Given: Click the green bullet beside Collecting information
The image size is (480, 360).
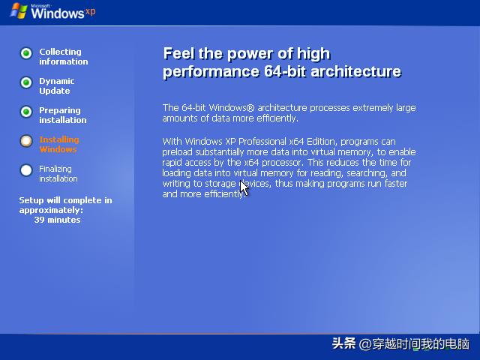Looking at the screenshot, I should pyautogui.click(x=26, y=53).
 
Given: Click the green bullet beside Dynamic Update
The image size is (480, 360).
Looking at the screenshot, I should pyautogui.click(x=26, y=82).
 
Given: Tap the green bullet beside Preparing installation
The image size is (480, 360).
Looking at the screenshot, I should pyautogui.click(x=26, y=112).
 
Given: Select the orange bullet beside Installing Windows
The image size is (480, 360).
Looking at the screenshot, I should pyautogui.click(x=26, y=141).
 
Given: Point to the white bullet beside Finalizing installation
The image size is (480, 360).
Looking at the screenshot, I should pyautogui.click(x=26, y=170).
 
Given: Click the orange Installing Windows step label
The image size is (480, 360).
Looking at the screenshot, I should pyautogui.click(x=58, y=144).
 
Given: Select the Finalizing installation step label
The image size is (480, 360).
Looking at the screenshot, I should pyautogui.click(x=58, y=173).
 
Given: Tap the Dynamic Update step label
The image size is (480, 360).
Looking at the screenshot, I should pyautogui.click(x=57, y=85).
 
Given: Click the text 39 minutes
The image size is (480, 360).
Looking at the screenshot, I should pyautogui.click(x=57, y=220).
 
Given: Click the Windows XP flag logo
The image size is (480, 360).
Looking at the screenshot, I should pyautogui.click(x=17, y=12).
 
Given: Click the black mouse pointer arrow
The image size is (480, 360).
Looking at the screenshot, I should pyautogui.click(x=243, y=187).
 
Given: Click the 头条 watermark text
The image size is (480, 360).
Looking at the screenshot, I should pyautogui.click(x=343, y=344).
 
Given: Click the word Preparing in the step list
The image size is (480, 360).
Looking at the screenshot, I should pyautogui.click(x=60, y=110).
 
